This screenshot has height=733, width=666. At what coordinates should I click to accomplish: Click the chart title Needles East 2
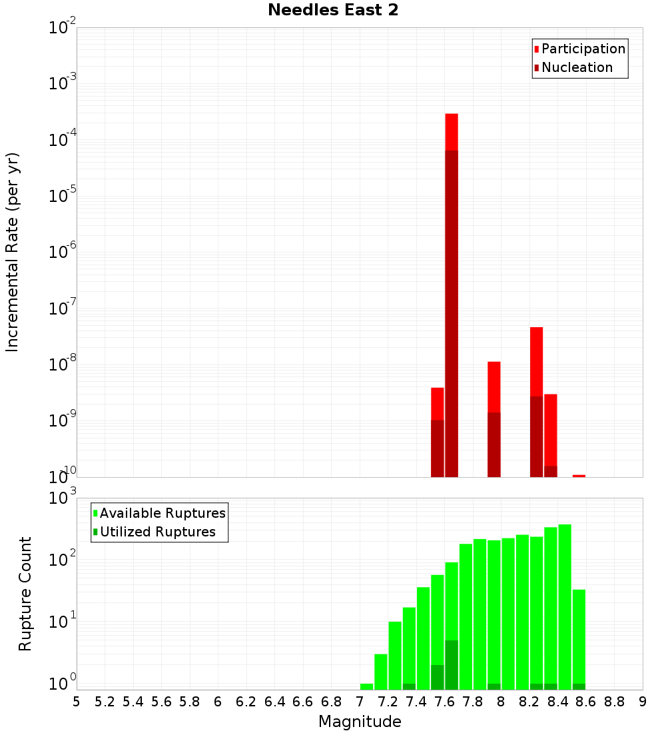(333, 11)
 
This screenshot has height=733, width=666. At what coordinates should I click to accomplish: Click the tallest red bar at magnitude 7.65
(452, 133)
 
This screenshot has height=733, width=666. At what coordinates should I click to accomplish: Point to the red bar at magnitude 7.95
(494, 386)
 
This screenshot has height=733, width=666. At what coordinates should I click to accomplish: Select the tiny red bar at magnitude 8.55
(579, 476)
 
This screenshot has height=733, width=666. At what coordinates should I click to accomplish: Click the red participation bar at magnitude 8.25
(536, 360)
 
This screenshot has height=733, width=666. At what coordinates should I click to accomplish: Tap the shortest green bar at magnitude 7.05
(366, 686)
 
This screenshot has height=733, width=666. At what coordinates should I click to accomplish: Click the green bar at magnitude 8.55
(579, 633)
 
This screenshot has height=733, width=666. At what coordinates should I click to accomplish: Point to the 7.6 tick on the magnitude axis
(444, 702)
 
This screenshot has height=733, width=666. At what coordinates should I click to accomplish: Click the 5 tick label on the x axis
(77, 702)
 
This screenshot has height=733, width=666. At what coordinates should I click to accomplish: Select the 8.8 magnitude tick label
(614, 702)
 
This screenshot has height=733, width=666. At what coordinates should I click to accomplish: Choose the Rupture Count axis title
(25, 594)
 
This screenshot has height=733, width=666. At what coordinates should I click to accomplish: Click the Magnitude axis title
(360, 721)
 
